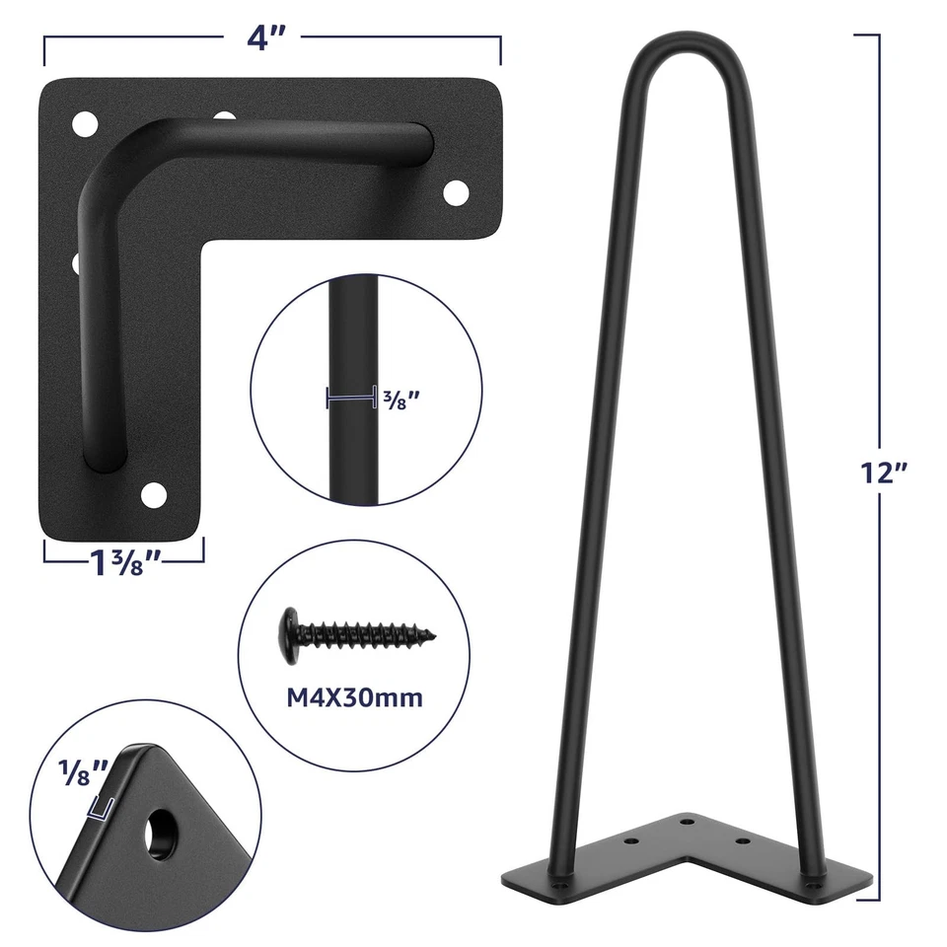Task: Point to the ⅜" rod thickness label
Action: pos(402,399)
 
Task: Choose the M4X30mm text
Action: pos(354,697)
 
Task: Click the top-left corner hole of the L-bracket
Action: pos(86,125)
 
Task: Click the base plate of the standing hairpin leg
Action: pos(691,858)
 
